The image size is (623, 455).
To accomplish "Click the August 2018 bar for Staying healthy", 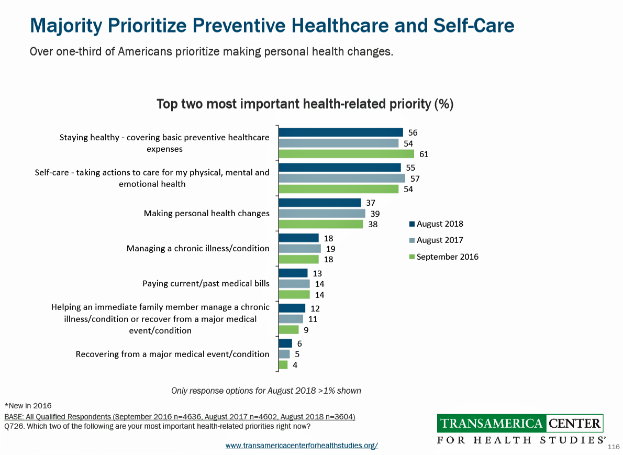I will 340,132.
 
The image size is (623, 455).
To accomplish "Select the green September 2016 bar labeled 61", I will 346,154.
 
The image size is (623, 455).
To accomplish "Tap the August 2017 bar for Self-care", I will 341,178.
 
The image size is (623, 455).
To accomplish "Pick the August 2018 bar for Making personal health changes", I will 319,203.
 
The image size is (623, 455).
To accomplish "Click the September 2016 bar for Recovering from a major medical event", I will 283,365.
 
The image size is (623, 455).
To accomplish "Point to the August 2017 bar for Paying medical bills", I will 294,284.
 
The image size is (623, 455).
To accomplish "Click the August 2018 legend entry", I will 436,224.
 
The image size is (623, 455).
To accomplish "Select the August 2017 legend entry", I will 436,240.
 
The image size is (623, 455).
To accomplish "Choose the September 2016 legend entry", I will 443,257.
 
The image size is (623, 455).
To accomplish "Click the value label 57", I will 415,179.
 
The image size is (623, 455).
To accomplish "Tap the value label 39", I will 375,214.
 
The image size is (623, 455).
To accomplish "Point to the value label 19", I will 330,249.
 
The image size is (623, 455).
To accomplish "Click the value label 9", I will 306,330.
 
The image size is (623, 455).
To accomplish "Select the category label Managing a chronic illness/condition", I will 198,248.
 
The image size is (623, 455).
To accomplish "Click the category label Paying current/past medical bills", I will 206,284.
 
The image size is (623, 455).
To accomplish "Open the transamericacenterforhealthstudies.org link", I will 302,446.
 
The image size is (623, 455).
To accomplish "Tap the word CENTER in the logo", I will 575,423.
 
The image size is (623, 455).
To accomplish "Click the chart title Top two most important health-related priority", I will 305,104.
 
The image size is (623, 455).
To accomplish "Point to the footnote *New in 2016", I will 28,405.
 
